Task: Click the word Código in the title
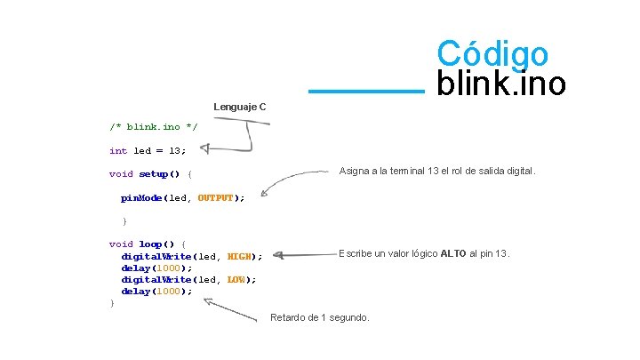pyautogui.click(x=492, y=52)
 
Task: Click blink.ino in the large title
pyautogui.click(x=500, y=84)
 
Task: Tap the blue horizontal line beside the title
pyautogui.click(x=366, y=90)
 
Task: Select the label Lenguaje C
pyautogui.click(x=239, y=108)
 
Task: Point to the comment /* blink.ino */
pyautogui.click(x=153, y=127)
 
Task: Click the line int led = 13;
pyautogui.click(x=148, y=151)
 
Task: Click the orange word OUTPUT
pyautogui.click(x=214, y=198)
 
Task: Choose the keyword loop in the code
pyautogui.click(x=148, y=244)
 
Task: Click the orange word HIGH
pyautogui.click(x=238, y=257)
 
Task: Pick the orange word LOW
pyautogui.click(x=236, y=280)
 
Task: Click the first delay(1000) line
pyautogui.click(x=156, y=268)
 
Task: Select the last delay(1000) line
pyautogui.click(x=156, y=292)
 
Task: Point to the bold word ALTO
pyautogui.click(x=455, y=254)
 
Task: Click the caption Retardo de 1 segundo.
pyautogui.click(x=320, y=317)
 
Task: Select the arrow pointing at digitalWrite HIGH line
pyautogui.click(x=302, y=256)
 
